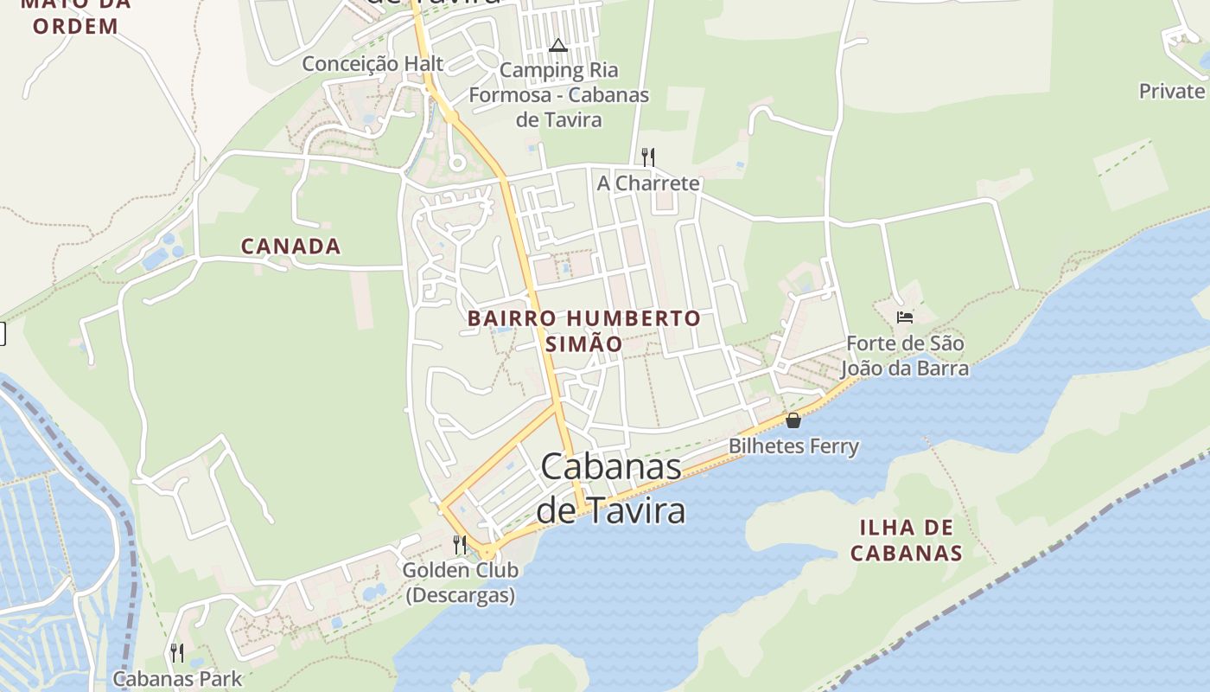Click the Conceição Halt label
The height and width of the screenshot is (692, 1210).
(373, 63)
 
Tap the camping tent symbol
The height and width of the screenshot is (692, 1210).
(558, 45)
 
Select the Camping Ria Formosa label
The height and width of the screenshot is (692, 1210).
(559, 95)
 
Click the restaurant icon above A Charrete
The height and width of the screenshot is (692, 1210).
(648, 157)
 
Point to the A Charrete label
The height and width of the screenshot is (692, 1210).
(648, 183)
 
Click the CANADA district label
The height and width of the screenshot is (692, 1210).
(290, 247)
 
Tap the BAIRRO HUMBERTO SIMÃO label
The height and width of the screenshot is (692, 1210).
(583, 330)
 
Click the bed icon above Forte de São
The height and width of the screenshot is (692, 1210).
(905, 317)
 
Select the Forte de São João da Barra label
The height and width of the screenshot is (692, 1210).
(905, 356)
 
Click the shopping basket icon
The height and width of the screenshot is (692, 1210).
(793, 420)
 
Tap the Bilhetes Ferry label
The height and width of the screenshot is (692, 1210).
(793, 446)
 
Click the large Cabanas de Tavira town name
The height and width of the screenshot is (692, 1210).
(611, 489)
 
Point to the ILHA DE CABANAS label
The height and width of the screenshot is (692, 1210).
(907, 541)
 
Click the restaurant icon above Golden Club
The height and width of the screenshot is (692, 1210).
(460, 544)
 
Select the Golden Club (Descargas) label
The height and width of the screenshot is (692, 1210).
(460, 582)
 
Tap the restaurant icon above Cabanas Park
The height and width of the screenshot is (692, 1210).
(177, 652)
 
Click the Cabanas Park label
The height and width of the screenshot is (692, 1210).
(178, 679)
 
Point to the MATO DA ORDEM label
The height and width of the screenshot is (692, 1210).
(75, 16)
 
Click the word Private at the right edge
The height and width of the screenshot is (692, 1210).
(1172, 91)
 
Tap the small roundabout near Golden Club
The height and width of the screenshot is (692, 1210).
(488, 552)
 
